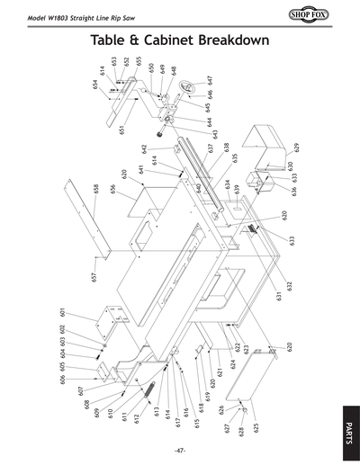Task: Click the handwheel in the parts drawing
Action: coord(187,88)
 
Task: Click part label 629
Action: coord(296,147)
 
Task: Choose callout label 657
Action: coord(94,277)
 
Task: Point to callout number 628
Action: coord(242,432)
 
